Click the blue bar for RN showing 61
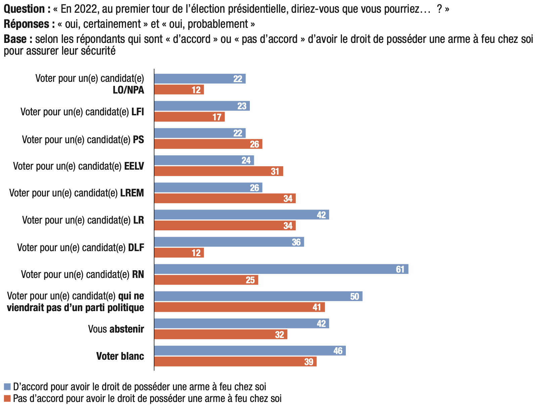(x=281, y=269)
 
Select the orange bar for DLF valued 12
(x=179, y=253)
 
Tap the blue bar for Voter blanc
(x=250, y=351)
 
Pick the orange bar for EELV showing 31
(x=219, y=171)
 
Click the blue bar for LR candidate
(x=241, y=215)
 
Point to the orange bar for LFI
(x=189, y=117)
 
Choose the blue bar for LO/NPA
(x=200, y=79)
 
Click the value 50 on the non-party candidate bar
(x=355, y=297)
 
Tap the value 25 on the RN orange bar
(x=250, y=280)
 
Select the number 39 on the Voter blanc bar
(x=309, y=362)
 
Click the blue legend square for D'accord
(x=7, y=387)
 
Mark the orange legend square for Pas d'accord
(x=7, y=399)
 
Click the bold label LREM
(x=132, y=193)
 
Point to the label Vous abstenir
(x=116, y=329)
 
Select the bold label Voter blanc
(x=120, y=356)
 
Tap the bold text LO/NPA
(x=129, y=90)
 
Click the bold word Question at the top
(x=24, y=9)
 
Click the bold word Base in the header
(x=15, y=39)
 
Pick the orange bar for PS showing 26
(x=208, y=144)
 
